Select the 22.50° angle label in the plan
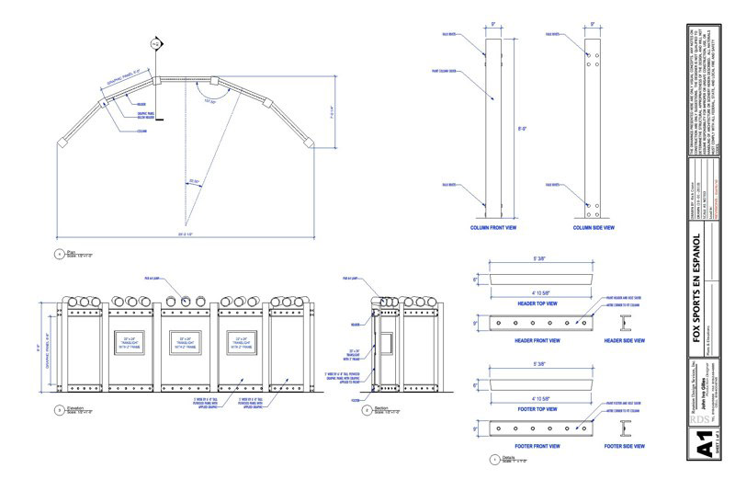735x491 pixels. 195,181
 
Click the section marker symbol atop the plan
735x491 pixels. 155,43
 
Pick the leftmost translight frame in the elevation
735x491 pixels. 130,342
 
